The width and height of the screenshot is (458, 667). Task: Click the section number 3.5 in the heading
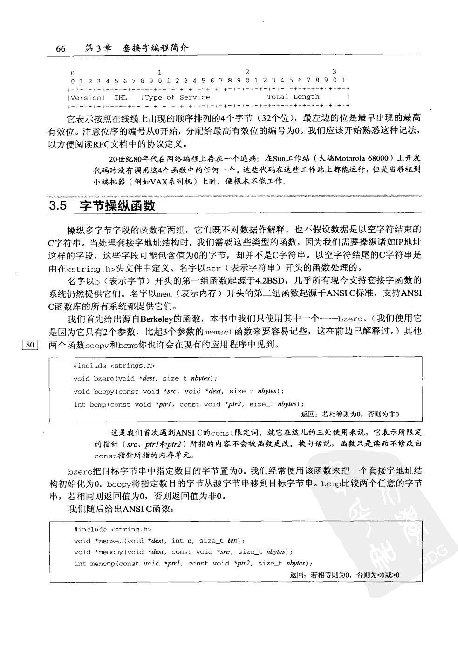click(x=59, y=206)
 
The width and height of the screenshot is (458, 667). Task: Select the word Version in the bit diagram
click(x=86, y=98)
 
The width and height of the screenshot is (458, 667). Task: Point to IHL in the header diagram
click(x=121, y=98)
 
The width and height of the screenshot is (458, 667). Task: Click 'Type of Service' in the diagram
click(x=178, y=97)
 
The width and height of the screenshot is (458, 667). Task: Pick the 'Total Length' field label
click(x=293, y=97)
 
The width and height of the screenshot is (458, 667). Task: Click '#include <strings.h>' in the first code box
click(x=114, y=366)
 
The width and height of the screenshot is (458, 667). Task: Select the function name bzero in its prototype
click(x=103, y=379)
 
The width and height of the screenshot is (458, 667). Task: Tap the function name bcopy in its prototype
click(x=103, y=391)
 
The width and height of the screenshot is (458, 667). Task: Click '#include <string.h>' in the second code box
click(x=113, y=530)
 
